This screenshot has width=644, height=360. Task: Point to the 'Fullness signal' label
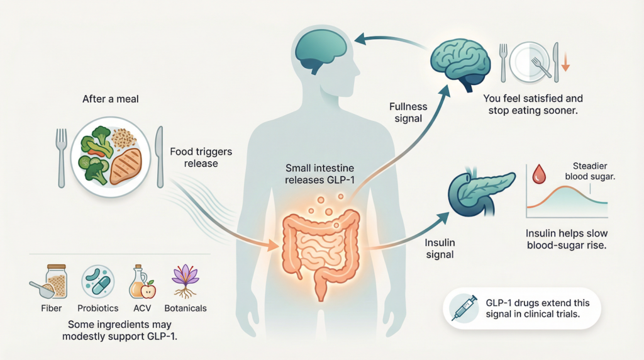pos(409,113)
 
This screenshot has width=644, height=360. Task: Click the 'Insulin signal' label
pos(440,249)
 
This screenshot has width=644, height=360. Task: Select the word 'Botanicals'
pos(186,308)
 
